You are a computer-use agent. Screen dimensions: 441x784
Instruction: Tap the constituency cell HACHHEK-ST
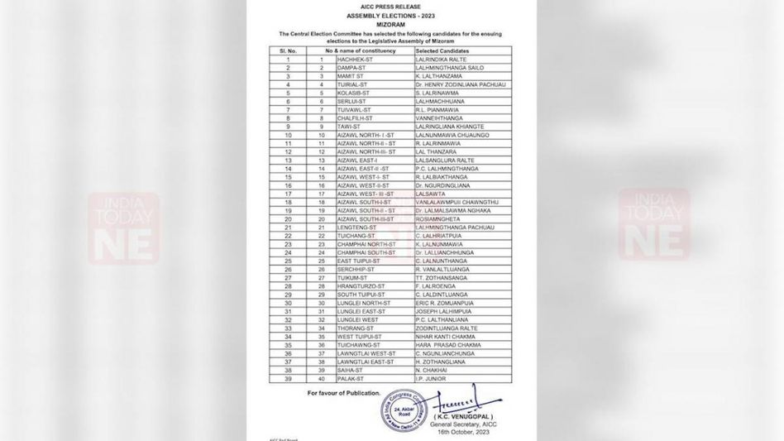point(356,60)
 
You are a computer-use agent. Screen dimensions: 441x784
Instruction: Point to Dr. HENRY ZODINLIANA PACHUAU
point(461,84)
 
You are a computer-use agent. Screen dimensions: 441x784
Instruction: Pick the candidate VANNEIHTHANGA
point(442,117)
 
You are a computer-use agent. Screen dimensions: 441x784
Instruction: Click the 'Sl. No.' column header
point(288,51)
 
